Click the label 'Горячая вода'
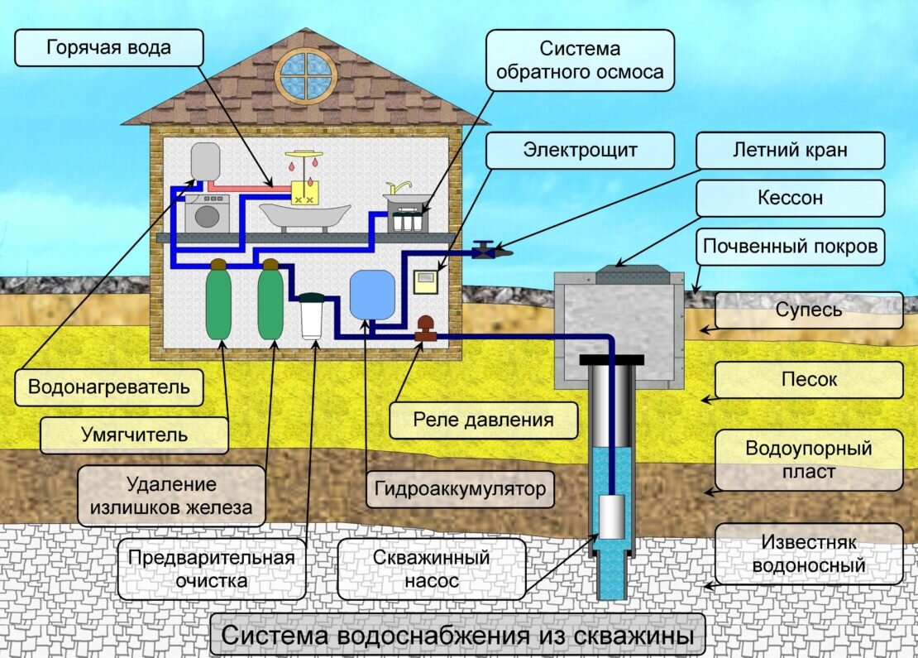click(x=109, y=47)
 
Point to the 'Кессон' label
click(x=790, y=199)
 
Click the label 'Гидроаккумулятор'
click(x=460, y=488)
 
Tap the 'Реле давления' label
click(x=483, y=419)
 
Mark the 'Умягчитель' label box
click(x=134, y=434)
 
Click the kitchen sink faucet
click(x=400, y=189)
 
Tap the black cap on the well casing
click(x=611, y=359)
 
